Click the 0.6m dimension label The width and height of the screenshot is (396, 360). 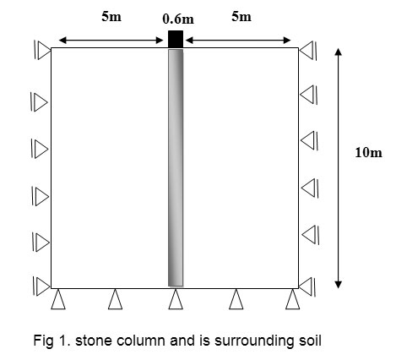pyautogui.click(x=178, y=19)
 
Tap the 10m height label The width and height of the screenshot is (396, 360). pyautogui.click(x=368, y=152)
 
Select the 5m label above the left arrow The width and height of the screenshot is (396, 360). pyautogui.click(x=111, y=16)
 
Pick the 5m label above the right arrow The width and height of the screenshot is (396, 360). pyautogui.click(x=241, y=16)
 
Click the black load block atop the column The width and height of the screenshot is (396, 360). pyautogui.click(x=176, y=39)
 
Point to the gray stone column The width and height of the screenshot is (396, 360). pyautogui.click(x=176, y=168)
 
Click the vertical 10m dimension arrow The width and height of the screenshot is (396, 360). pyautogui.click(x=339, y=168)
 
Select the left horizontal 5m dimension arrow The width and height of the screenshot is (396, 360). pyautogui.click(x=111, y=41)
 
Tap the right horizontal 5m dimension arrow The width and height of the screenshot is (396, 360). pyautogui.click(x=238, y=41)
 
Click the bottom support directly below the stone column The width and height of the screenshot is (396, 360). pyautogui.click(x=176, y=299)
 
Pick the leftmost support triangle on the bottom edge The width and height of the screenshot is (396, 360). pyautogui.click(x=58, y=299)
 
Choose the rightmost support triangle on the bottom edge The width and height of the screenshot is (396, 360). pyautogui.click(x=293, y=299)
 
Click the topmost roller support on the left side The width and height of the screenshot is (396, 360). pyautogui.click(x=42, y=50)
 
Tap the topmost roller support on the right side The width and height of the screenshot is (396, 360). pyautogui.click(x=308, y=51)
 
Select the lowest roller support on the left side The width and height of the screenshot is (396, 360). pyautogui.click(x=41, y=286)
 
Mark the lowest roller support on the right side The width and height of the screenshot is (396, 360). pyautogui.click(x=307, y=286)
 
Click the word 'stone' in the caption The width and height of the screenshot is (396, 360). pyautogui.click(x=92, y=341)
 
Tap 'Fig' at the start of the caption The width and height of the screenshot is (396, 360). pyautogui.click(x=43, y=341)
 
